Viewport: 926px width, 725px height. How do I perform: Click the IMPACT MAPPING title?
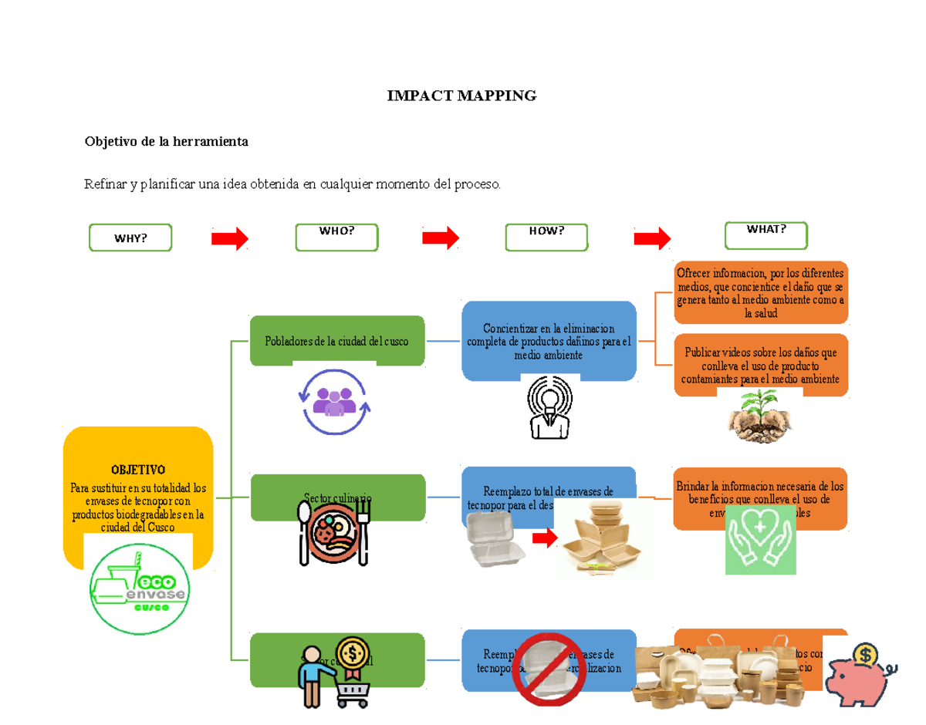tap(461, 96)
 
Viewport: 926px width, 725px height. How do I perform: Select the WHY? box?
tap(130, 238)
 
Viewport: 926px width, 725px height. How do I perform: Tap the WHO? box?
tap(336, 237)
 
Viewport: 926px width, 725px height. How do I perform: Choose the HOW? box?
tap(546, 237)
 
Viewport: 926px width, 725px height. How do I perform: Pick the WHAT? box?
tap(765, 235)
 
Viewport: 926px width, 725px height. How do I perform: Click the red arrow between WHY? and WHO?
tap(230, 239)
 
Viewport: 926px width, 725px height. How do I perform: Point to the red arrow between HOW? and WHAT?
tap(652, 239)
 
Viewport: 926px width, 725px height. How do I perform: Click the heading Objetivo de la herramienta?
tap(166, 142)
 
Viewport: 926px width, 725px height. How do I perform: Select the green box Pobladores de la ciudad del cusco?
tap(337, 340)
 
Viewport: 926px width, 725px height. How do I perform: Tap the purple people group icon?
tap(336, 402)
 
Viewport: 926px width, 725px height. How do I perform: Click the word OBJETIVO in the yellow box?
tap(137, 470)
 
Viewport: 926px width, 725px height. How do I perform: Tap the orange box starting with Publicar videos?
tap(760, 365)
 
